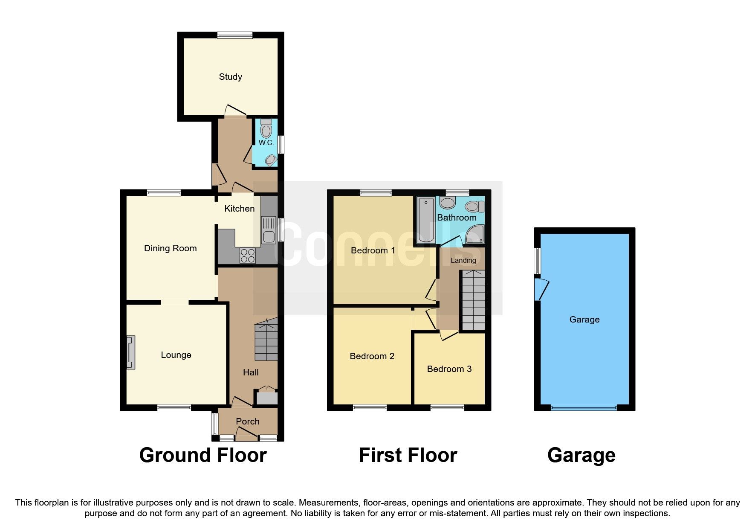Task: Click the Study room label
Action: click(230, 77)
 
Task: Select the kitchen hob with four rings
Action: click(248, 256)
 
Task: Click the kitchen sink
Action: click(269, 230)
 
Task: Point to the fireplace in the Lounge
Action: click(131, 352)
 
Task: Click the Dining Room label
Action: click(170, 248)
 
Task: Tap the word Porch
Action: click(248, 421)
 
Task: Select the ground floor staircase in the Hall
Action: click(266, 341)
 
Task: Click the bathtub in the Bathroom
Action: click(425, 219)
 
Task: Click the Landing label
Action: click(463, 260)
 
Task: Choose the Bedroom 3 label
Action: click(449, 369)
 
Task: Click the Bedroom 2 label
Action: click(372, 356)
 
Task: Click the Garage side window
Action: click(538, 261)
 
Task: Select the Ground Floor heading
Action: click(203, 455)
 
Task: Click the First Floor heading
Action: click(408, 455)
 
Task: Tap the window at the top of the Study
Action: click(234, 35)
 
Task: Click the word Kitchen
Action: click(239, 209)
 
